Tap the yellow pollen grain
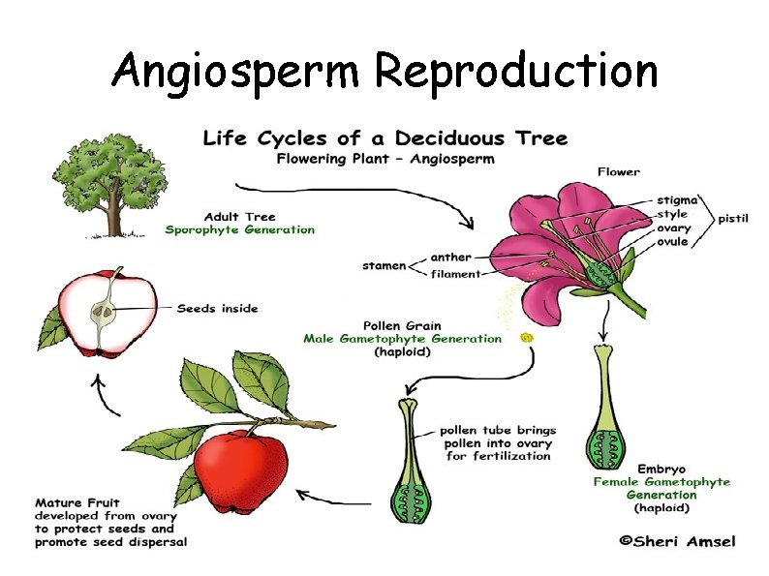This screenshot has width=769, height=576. click(527, 338)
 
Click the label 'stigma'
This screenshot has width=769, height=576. click(675, 199)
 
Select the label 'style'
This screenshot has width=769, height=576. click(671, 213)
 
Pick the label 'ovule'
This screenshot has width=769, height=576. click(673, 241)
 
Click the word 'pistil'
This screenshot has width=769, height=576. click(732, 219)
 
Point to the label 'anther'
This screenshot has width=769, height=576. click(450, 257)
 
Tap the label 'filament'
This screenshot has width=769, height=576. click(455, 273)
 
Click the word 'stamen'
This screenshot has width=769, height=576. click(384, 264)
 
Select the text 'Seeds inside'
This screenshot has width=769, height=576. click(218, 309)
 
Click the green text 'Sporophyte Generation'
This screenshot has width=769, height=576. click(240, 229)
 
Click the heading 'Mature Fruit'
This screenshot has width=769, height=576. click(77, 502)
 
